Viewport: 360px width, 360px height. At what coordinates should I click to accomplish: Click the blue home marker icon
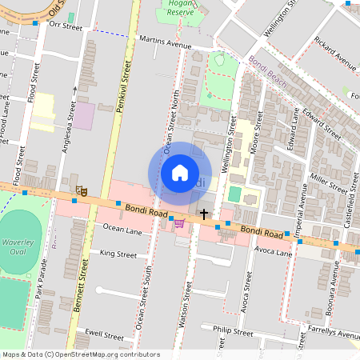[180, 173]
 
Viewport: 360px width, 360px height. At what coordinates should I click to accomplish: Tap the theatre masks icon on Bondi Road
[81, 190]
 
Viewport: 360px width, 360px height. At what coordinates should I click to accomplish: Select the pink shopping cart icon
[179, 223]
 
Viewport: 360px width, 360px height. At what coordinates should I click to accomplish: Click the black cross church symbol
[205, 214]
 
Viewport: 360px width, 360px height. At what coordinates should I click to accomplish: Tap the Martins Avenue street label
[165, 41]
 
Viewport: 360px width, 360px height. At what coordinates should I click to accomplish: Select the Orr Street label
[66, 26]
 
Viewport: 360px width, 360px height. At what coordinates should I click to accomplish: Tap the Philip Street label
[233, 330]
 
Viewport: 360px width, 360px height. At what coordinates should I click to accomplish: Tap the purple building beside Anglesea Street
[83, 116]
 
